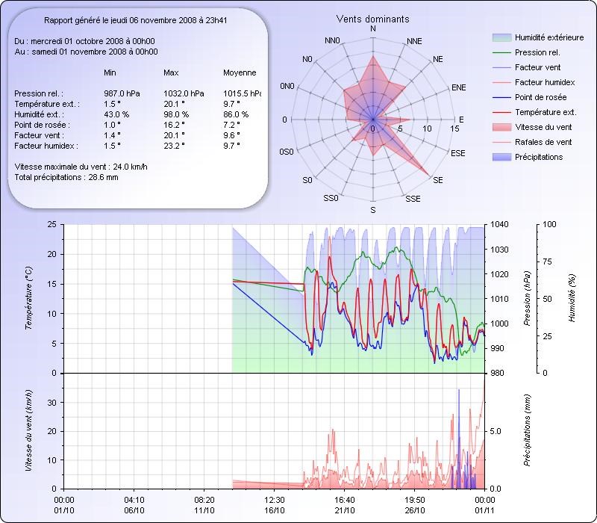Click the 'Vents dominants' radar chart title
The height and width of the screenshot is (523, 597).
pos(372,19)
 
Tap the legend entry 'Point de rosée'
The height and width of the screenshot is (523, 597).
pos(540,98)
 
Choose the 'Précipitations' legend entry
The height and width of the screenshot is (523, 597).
pos(539,157)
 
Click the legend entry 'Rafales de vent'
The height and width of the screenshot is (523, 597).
pos(543,142)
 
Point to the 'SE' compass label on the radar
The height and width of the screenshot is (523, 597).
pos(437,181)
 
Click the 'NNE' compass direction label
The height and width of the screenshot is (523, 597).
pos(414,40)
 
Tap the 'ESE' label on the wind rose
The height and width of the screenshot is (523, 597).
pos(458,152)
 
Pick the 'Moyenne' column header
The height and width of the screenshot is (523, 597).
pos(240,73)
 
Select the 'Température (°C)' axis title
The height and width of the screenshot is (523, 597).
pos(29,299)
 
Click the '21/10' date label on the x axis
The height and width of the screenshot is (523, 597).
pos(345,511)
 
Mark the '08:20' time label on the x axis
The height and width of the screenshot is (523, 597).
pos(204,500)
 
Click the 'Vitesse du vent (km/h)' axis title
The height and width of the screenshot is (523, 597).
pos(29,430)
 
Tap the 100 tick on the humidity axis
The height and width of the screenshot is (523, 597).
pos(549,224)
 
